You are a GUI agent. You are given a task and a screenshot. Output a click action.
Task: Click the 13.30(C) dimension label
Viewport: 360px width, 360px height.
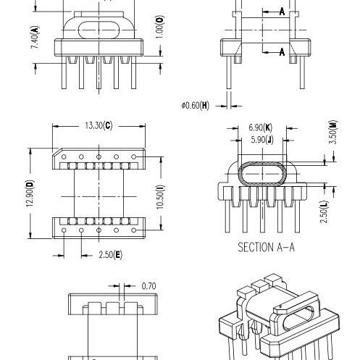tap(99, 125)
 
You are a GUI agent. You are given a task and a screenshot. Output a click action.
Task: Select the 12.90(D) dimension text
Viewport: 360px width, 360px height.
tap(30, 193)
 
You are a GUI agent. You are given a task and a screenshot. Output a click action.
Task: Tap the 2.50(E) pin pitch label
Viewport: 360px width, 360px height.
tap(110, 255)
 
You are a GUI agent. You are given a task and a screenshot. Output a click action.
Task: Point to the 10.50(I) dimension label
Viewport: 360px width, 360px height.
tap(160, 197)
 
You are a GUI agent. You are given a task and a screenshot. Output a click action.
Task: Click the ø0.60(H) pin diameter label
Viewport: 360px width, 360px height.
tap(196, 105)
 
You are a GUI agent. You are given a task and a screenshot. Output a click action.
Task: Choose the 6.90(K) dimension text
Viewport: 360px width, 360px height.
tap(261, 127)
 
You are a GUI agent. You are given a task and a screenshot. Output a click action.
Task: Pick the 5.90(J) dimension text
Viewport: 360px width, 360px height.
tap(262, 140)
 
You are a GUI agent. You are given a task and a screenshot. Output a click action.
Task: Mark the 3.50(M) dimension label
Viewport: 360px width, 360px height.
tap(333, 132)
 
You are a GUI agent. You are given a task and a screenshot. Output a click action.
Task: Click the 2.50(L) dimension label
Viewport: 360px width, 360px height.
tap(324, 212)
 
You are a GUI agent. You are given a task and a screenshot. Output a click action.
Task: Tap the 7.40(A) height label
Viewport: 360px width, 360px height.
tap(35, 38)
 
